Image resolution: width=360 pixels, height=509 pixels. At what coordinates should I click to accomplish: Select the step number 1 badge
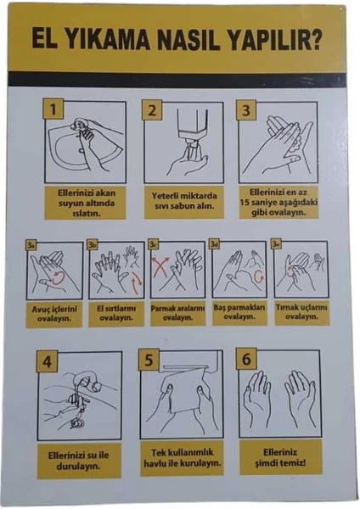53,109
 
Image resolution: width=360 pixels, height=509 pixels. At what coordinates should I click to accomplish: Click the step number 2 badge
152,110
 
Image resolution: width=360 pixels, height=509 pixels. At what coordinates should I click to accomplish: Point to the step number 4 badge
47,361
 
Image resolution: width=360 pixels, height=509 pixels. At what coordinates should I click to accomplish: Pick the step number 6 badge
246,359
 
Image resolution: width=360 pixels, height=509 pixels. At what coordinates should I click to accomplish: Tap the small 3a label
31,245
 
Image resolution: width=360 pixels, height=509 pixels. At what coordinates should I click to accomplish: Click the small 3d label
214,244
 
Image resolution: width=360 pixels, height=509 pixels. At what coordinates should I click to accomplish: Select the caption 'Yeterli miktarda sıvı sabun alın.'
184,200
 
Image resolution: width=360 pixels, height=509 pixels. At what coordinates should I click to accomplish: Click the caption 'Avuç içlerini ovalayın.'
54,314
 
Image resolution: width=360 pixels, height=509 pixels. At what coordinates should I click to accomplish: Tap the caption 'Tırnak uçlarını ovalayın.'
301,311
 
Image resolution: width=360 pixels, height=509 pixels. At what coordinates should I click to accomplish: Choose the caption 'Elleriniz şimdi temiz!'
280,457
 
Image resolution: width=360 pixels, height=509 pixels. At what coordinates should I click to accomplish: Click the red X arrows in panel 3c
160,266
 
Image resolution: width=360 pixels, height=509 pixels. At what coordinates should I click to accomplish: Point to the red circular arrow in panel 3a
59,278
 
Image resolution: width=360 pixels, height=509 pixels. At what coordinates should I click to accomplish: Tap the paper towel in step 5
182,394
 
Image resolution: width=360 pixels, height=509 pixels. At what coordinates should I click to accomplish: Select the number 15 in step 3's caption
245,203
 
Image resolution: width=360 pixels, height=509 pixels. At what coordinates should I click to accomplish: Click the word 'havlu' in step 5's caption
154,463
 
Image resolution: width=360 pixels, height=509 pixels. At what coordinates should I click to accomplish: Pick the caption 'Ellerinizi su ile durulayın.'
79,461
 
